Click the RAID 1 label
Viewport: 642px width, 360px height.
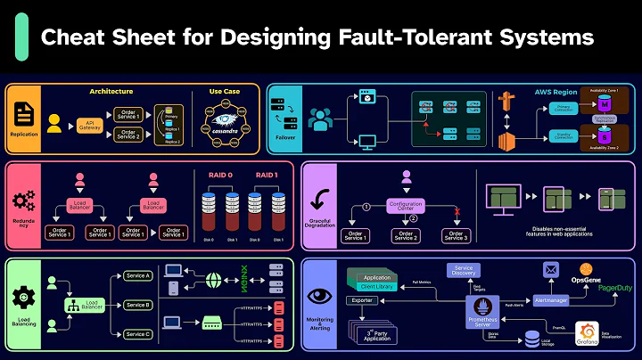click(265, 176)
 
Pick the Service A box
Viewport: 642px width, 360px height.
click(137, 276)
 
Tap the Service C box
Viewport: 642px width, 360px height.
click(137, 334)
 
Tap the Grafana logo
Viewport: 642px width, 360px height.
click(588, 331)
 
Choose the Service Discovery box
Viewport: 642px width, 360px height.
click(464, 271)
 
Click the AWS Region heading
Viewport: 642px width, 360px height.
click(556, 93)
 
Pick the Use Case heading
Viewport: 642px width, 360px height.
click(225, 92)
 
